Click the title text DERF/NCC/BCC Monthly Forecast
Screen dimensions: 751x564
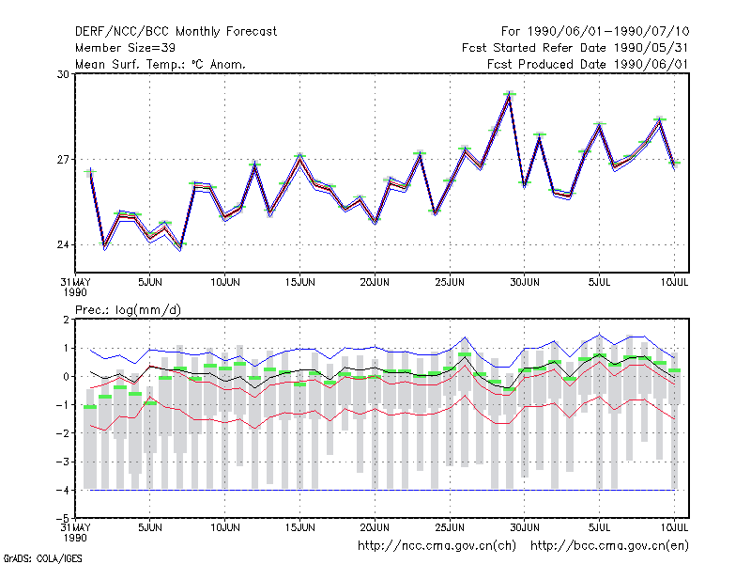[x=176, y=32]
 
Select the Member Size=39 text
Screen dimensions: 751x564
[x=125, y=48]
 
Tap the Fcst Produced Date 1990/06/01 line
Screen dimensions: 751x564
[x=588, y=64]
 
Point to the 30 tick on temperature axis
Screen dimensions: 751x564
[x=63, y=74]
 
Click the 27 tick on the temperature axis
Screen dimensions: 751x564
[x=63, y=159]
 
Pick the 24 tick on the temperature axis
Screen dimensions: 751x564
[x=63, y=245]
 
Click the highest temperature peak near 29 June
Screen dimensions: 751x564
[x=510, y=94]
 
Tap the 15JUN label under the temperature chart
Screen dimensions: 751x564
[x=299, y=283]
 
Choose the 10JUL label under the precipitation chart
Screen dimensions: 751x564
[x=674, y=527]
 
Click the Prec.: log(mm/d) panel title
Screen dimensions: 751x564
[x=128, y=310]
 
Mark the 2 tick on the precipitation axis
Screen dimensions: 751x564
[x=66, y=320]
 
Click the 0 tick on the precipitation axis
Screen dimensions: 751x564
[x=66, y=377]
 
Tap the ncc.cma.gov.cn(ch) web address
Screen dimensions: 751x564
[x=437, y=546]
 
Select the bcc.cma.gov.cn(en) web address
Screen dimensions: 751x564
[x=609, y=546]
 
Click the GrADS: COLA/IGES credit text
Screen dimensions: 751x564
[x=43, y=558]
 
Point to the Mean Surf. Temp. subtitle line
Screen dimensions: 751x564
[x=161, y=64]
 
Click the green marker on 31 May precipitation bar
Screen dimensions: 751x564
[x=90, y=407]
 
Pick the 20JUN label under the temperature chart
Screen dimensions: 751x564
[x=375, y=283]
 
